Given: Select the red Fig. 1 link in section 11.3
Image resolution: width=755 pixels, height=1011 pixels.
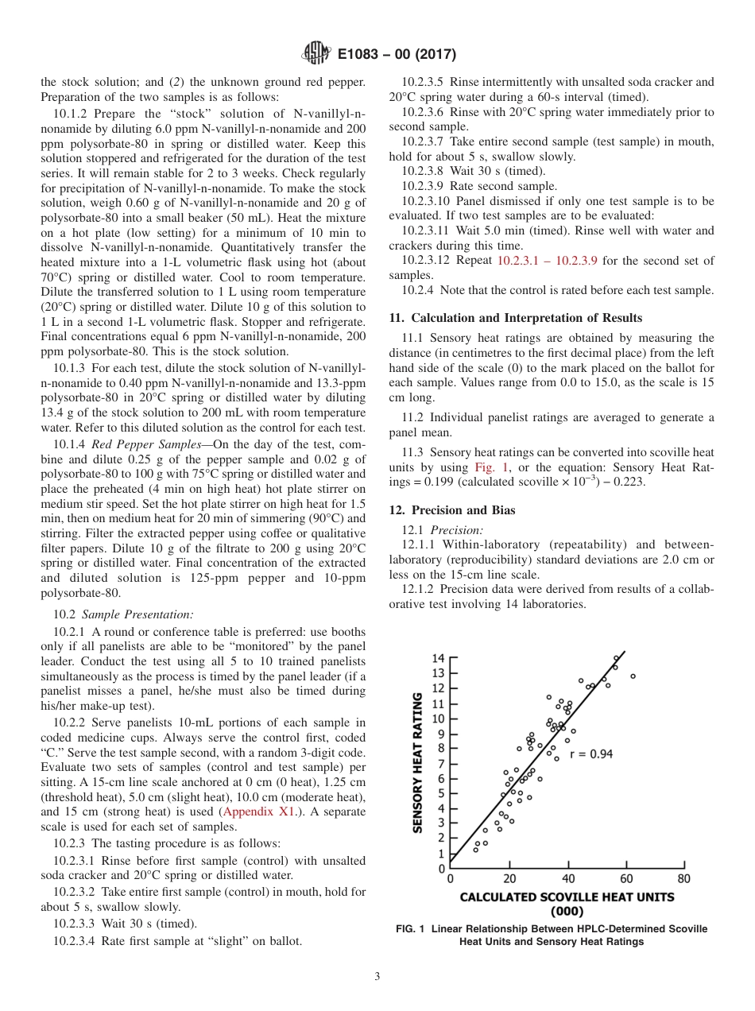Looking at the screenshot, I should (490, 467).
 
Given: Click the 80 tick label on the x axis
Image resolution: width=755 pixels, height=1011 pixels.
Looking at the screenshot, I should (683, 879).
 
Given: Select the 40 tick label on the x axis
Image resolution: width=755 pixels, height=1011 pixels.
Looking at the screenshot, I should (567, 879).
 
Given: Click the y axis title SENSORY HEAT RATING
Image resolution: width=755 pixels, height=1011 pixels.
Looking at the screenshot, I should (417, 762).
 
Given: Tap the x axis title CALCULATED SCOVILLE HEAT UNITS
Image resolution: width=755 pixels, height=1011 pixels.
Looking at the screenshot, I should (567, 897).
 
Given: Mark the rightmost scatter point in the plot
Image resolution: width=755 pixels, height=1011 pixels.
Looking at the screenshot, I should (633, 676).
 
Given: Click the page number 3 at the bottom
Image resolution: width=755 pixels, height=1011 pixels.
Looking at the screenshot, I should (377, 977).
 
